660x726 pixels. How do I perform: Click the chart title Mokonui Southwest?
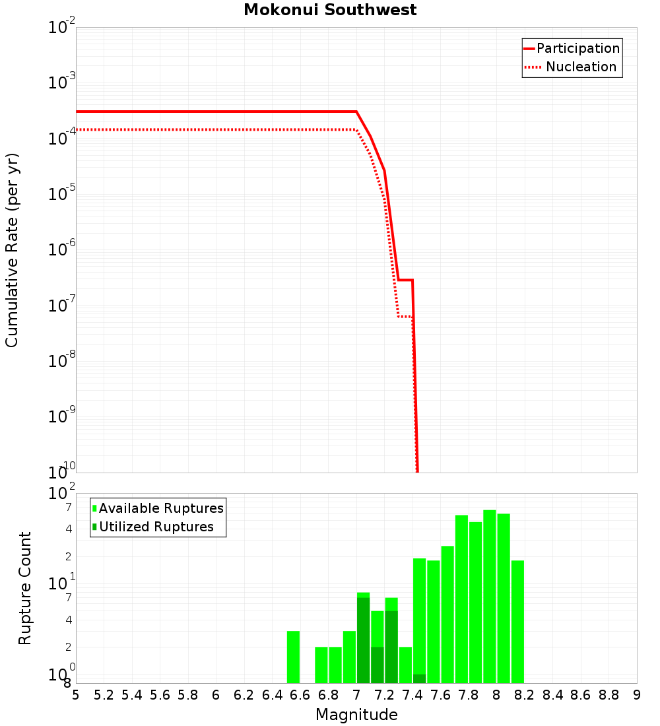pos(330,11)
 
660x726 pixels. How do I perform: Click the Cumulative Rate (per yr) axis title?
pos(13,250)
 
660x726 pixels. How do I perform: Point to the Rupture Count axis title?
pos(25,588)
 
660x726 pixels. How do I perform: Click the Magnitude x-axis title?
pos(356,715)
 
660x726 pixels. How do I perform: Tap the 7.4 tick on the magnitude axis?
pos(412,695)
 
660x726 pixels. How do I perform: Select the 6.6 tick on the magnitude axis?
pos(300,695)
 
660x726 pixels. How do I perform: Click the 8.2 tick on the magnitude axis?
pos(525,695)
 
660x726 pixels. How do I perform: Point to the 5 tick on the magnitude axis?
pos(76,695)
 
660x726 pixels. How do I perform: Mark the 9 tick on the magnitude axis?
pos(637,695)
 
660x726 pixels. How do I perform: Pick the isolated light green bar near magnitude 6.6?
pos(293,657)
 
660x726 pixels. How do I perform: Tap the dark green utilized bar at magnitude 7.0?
pos(363,640)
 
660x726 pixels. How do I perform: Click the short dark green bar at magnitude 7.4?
pos(419,678)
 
